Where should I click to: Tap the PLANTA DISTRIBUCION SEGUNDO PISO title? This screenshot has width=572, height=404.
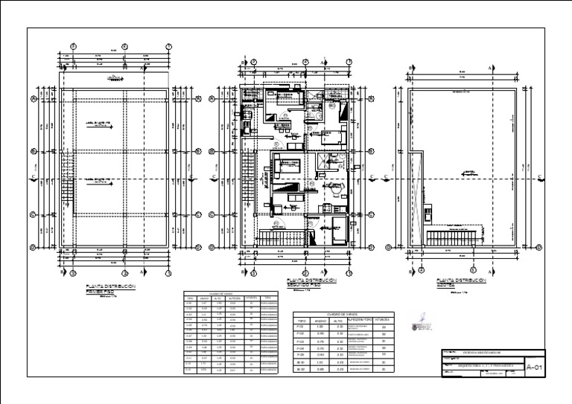click(311, 283)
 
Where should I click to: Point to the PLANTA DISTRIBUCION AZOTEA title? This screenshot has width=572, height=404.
click(461, 283)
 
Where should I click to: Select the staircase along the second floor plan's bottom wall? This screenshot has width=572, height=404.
click(282, 237)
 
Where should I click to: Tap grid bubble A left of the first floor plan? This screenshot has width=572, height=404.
click(34, 97)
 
